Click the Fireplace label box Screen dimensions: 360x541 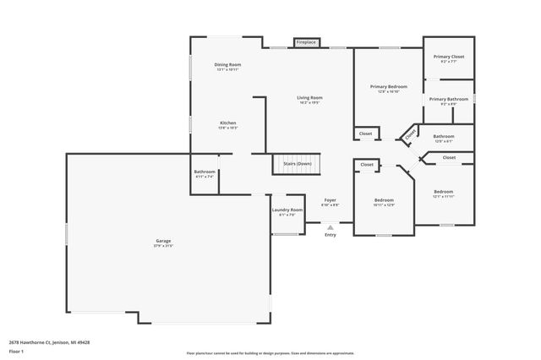pos(306,41)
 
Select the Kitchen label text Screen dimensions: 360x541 pos(227,124)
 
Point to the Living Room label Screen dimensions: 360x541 pos(309,100)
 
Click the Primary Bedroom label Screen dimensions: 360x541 pos(388,88)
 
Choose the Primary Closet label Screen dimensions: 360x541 pos(448,58)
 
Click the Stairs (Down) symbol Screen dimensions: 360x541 pos(297,164)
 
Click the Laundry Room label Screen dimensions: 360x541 pos(287,211)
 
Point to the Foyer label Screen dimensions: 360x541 pos(331,202)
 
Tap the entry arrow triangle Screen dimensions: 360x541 pos(330,226)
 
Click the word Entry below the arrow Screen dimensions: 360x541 pos(330,234)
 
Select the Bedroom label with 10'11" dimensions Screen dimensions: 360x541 pos(384,202)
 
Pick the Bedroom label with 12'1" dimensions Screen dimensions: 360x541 pos(443,194)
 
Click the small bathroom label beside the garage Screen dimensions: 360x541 pos(205,173)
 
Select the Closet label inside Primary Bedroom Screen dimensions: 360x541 pos(366,134)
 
